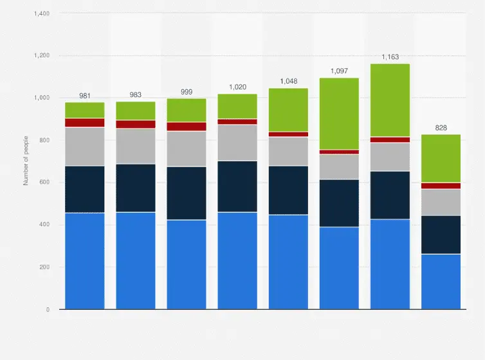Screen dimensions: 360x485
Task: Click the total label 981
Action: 85,96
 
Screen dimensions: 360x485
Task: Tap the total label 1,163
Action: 390,57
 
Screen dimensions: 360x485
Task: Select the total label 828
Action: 441,128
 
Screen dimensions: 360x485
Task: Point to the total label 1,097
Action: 339,71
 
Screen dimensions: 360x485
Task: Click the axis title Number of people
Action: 26,161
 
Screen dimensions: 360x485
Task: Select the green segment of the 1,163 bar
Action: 390,100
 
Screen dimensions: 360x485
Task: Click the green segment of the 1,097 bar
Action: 339,114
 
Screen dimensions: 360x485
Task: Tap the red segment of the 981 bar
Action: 85,123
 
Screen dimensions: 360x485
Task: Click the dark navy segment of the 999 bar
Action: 187,193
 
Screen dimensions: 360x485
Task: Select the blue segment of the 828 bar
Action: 441,282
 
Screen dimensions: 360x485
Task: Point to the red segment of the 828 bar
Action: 441,186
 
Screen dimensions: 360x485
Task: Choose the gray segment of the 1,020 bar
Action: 237,142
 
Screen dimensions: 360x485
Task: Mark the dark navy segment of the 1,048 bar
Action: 288,190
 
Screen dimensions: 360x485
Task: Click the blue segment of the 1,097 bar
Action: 339,268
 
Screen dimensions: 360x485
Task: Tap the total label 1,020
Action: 237,87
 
